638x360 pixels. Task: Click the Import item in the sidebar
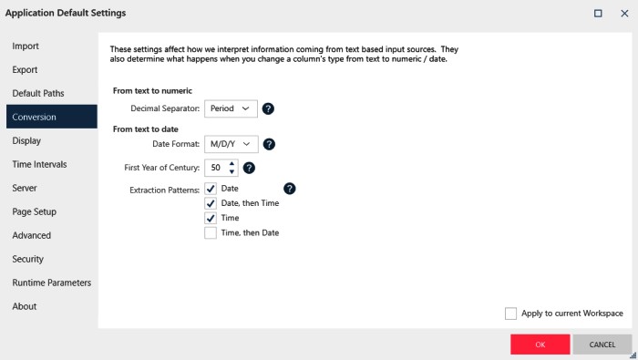click(x=26, y=46)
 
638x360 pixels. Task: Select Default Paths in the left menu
click(x=38, y=93)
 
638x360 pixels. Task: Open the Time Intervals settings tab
click(x=39, y=164)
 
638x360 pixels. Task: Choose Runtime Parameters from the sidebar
click(x=52, y=283)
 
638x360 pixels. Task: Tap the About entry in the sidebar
click(x=25, y=306)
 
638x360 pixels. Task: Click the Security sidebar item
click(x=27, y=259)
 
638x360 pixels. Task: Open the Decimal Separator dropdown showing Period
click(x=231, y=108)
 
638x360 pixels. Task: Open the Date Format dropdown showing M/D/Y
click(x=232, y=144)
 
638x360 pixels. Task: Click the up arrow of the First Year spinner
click(x=232, y=164)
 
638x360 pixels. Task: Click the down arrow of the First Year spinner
click(x=232, y=171)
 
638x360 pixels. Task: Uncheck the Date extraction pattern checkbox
click(x=211, y=189)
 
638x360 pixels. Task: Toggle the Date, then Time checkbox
click(x=211, y=203)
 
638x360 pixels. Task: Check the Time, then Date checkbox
click(x=211, y=233)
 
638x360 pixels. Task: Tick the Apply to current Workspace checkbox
click(x=510, y=314)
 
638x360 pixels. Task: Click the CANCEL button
click(x=602, y=345)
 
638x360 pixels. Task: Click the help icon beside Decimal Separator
click(x=268, y=108)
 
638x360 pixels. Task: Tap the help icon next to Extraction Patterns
click(x=289, y=189)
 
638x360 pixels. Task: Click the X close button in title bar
click(x=624, y=14)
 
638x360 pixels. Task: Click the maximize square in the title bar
click(x=598, y=14)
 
